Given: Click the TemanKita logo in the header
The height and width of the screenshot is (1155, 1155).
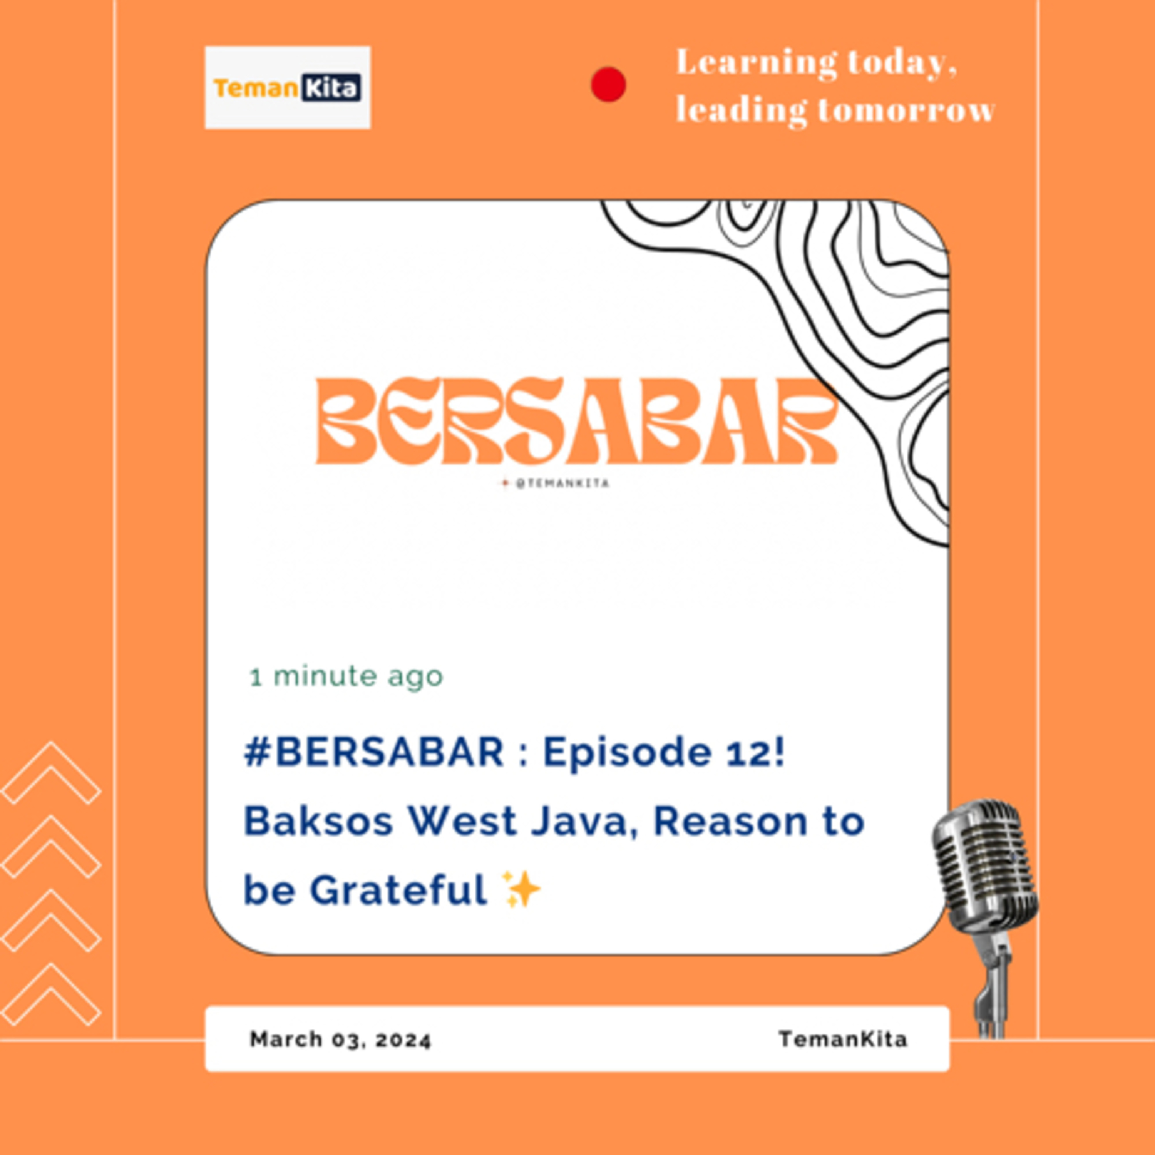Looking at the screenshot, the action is [288, 87].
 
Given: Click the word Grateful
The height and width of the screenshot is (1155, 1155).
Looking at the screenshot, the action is [398, 890].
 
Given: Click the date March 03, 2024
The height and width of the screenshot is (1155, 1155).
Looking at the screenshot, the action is [340, 1039].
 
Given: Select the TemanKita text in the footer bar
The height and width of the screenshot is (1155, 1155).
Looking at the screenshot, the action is [843, 1039].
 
